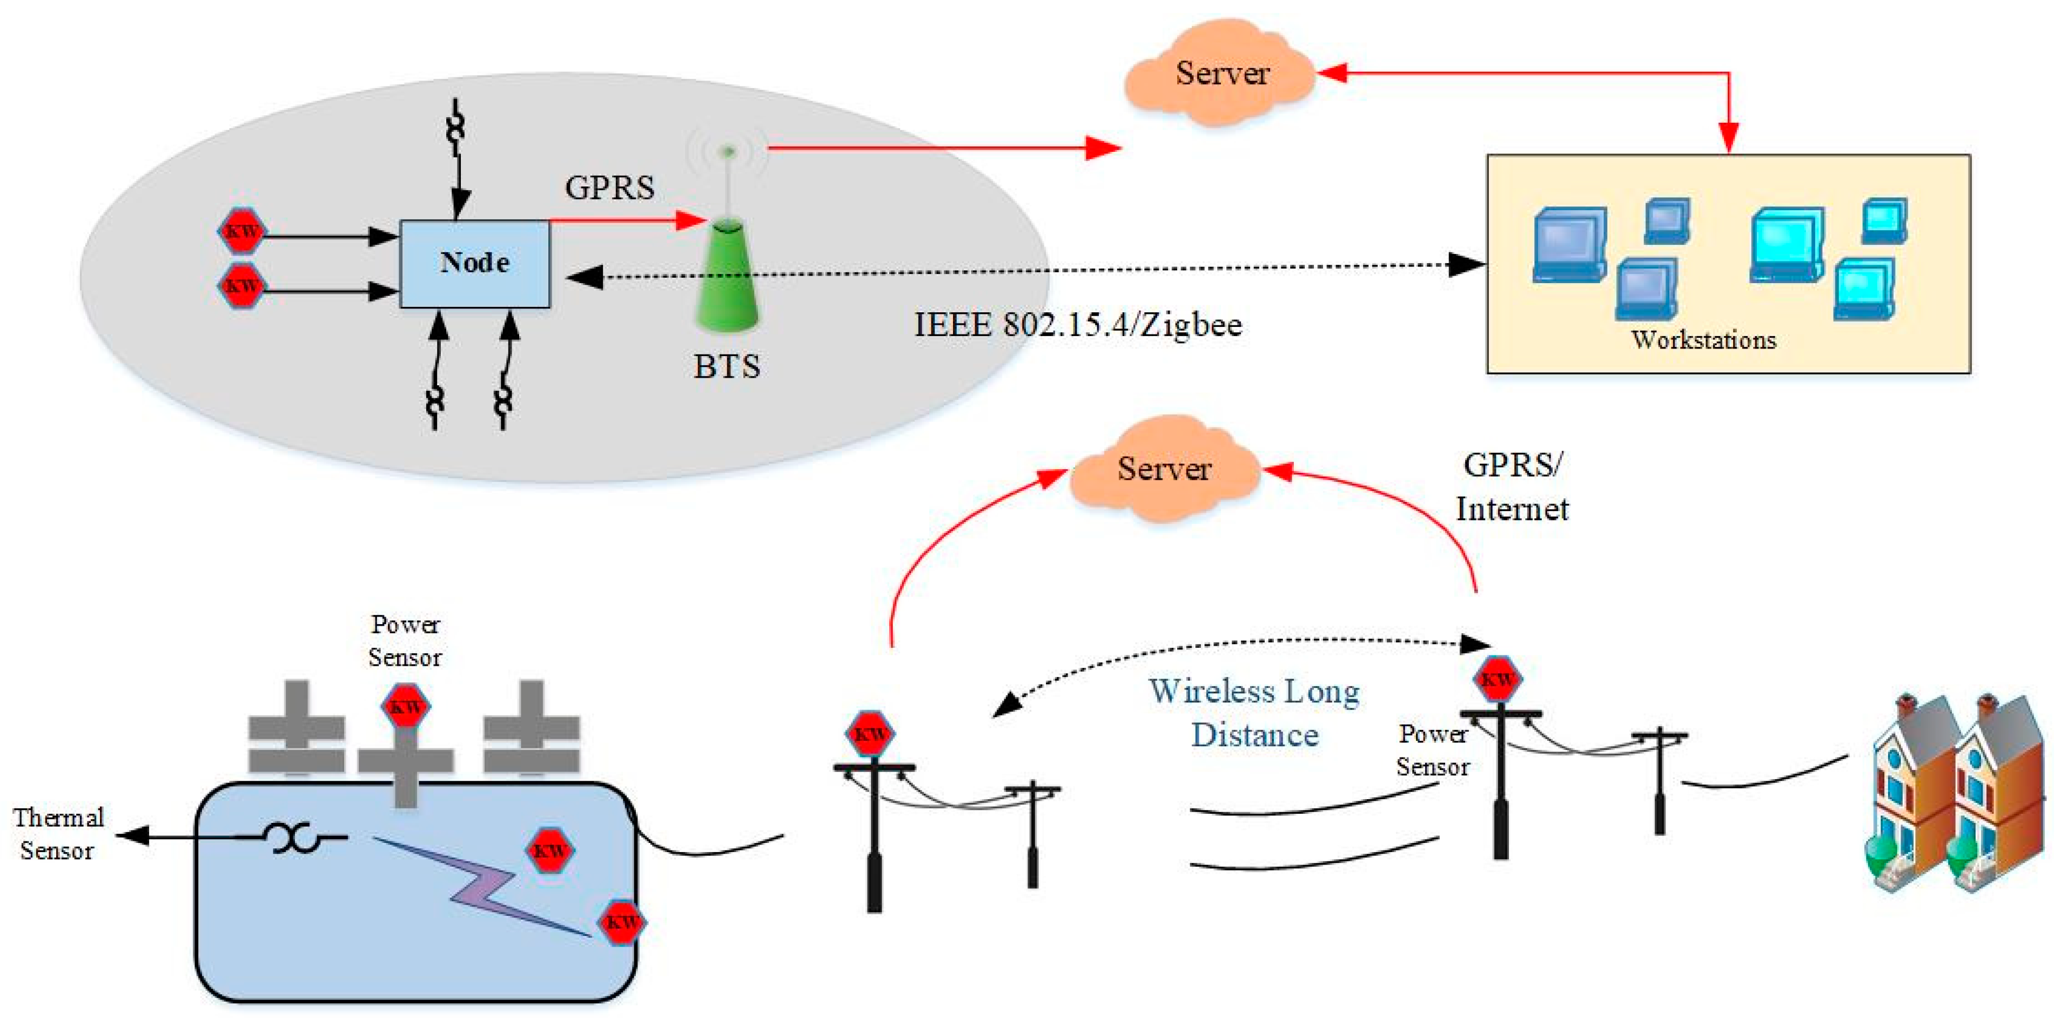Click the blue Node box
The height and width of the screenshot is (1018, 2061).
(x=474, y=263)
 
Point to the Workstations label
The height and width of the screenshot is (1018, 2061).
(x=1703, y=339)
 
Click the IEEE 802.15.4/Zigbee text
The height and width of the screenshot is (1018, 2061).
(x=1078, y=325)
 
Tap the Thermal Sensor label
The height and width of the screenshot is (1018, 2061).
(x=58, y=833)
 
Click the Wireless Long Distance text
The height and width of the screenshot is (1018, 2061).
(x=1254, y=712)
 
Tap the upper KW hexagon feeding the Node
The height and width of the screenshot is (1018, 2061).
(x=241, y=232)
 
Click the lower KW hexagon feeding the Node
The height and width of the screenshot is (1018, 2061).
(x=241, y=286)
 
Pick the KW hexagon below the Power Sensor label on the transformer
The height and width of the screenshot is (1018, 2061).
(x=406, y=706)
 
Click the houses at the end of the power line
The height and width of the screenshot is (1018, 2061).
(x=1958, y=792)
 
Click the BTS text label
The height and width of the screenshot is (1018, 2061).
(x=727, y=366)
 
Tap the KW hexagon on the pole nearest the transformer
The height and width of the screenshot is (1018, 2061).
(x=870, y=733)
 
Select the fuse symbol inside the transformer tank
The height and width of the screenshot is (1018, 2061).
(x=294, y=838)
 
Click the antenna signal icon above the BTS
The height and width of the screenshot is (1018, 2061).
(x=727, y=152)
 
